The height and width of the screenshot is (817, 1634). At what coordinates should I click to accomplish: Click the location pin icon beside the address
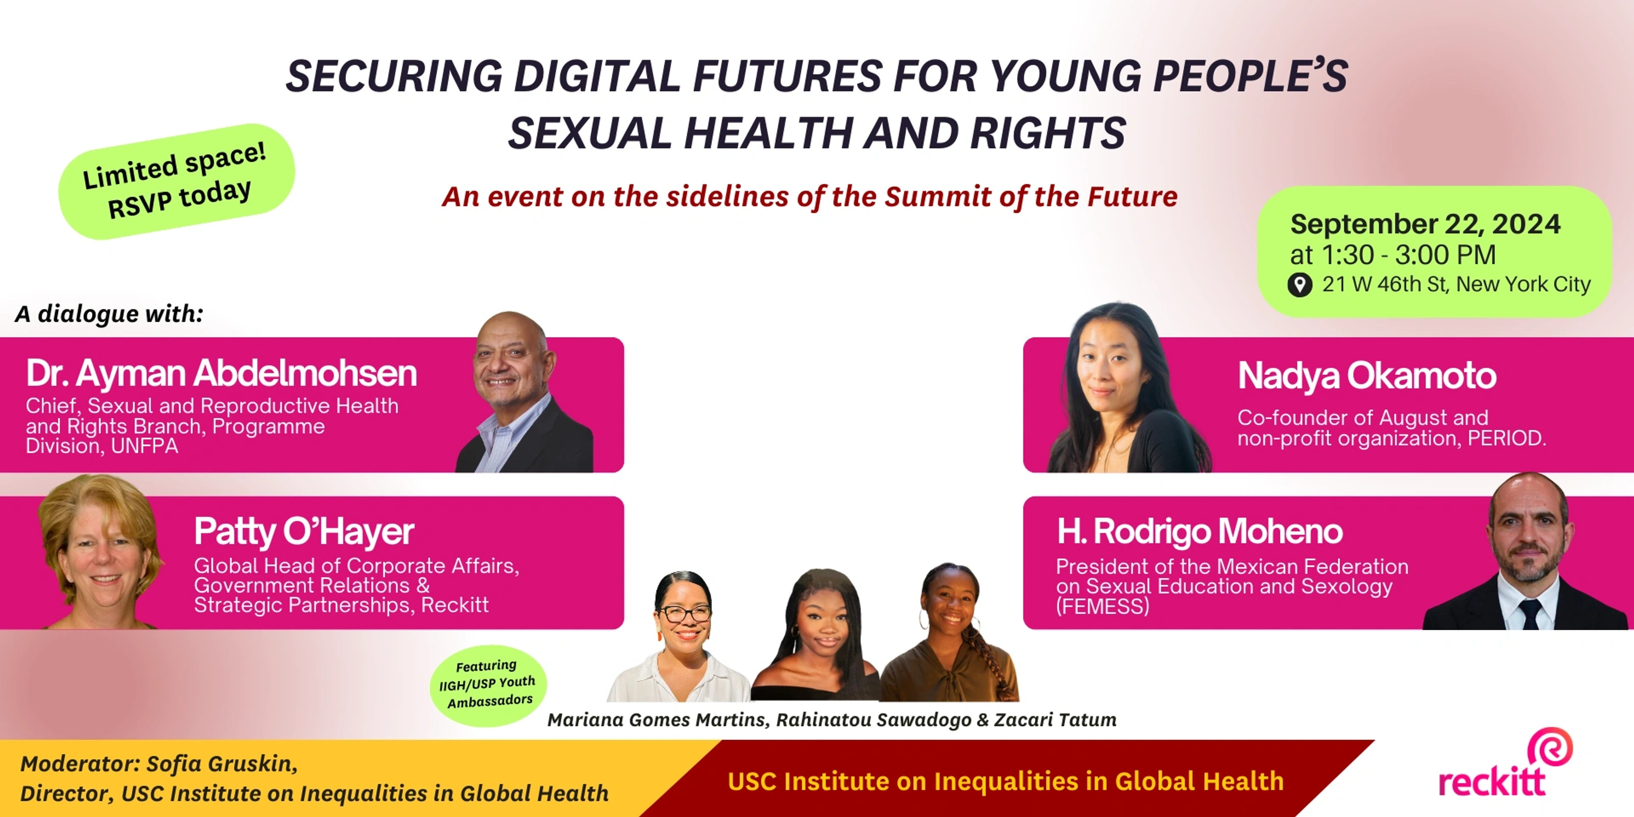coord(1299,285)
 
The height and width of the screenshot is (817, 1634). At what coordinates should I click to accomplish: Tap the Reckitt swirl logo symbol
coord(1550,747)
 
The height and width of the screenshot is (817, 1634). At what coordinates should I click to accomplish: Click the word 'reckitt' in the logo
coord(1491,781)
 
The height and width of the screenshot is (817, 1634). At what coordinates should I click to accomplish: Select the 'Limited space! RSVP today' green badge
coord(176,181)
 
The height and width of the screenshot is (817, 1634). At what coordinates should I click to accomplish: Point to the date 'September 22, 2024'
coord(1425,224)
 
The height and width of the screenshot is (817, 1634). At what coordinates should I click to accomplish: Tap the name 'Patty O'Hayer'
coord(304,532)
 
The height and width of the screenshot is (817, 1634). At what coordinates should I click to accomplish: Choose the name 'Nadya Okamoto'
coord(1367,375)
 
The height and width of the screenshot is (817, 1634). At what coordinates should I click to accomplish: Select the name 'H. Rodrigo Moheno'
coord(1199,532)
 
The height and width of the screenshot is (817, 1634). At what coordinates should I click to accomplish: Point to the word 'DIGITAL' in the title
coord(597,76)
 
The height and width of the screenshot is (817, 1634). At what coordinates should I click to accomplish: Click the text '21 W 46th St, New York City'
coord(1456,284)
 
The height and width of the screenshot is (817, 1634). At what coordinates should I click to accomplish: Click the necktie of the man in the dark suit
coord(1529,613)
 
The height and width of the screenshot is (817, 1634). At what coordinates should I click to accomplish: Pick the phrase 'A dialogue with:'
coord(109,314)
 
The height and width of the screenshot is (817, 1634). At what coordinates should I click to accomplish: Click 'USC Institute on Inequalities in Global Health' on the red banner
coord(1005,781)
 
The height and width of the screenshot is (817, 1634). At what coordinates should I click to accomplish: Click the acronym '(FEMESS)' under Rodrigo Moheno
coord(1102,607)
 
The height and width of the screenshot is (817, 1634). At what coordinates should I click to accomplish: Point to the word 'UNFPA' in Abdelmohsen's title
coord(145,446)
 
